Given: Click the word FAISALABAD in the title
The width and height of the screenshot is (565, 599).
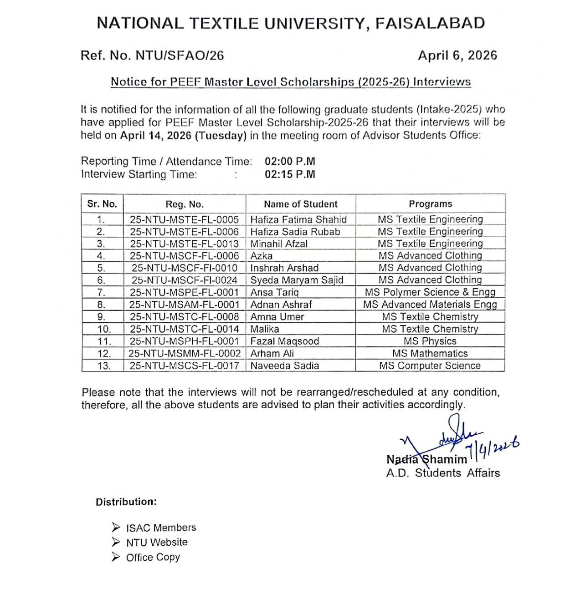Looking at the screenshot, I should pyautogui.click(x=430, y=24).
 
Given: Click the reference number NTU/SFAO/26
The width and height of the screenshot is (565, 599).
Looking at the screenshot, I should pyautogui.click(x=180, y=56).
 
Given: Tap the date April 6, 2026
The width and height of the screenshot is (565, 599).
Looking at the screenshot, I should pyautogui.click(x=457, y=56).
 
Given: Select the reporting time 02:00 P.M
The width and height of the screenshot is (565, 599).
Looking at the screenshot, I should pyautogui.click(x=290, y=162).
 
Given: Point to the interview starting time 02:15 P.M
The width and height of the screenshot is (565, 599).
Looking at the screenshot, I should pyautogui.click(x=290, y=174).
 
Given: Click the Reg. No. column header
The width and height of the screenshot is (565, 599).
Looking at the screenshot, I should pyautogui.click(x=185, y=204).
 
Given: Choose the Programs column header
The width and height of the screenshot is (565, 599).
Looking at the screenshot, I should pyautogui.click(x=430, y=204).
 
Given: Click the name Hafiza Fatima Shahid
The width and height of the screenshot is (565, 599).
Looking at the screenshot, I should pyautogui.click(x=298, y=219).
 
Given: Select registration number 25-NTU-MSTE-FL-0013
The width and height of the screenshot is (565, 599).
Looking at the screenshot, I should pyautogui.click(x=185, y=244).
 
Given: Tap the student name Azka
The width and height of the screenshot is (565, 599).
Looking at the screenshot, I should pyautogui.click(x=262, y=256).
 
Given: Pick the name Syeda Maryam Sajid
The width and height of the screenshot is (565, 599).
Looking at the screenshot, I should pyautogui.click(x=297, y=280).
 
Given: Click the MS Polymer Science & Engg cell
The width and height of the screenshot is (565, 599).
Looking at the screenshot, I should pyautogui.click(x=430, y=292).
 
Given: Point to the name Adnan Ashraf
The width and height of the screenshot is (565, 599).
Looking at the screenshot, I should pyautogui.click(x=281, y=305).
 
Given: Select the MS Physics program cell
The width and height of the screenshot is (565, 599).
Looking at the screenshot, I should pyautogui.click(x=430, y=341).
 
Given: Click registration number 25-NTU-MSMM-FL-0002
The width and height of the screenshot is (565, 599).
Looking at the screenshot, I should pyautogui.click(x=185, y=354).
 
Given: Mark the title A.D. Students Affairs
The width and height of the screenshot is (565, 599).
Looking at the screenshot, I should pyautogui.click(x=443, y=473).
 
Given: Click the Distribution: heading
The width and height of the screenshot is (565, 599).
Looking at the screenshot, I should pyautogui.click(x=126, y=502).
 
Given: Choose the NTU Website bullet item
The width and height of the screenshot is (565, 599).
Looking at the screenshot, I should pyautogui.click(x=157, y=543).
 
